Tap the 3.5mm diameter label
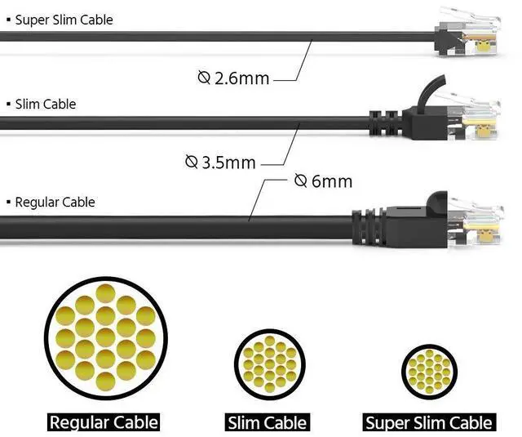pyautogui.click(x=220, y=162)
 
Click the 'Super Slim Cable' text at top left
pyautogui.click(x=64, y=20)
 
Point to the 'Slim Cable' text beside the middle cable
pyautogui.click(x=46, y=104)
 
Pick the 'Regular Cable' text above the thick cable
pyautogui.click(x=55, y=202)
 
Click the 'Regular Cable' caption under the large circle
pyautogui.click(x=104, y=422)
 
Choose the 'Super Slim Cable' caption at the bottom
pyautogui.click(x=429, y=422)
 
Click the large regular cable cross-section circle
pyautogui.click(x=106, y=337)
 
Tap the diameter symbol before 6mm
pyautogui.click(x=300, y=180)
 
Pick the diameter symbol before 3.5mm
pyautogui.click(x=192, y=162)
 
